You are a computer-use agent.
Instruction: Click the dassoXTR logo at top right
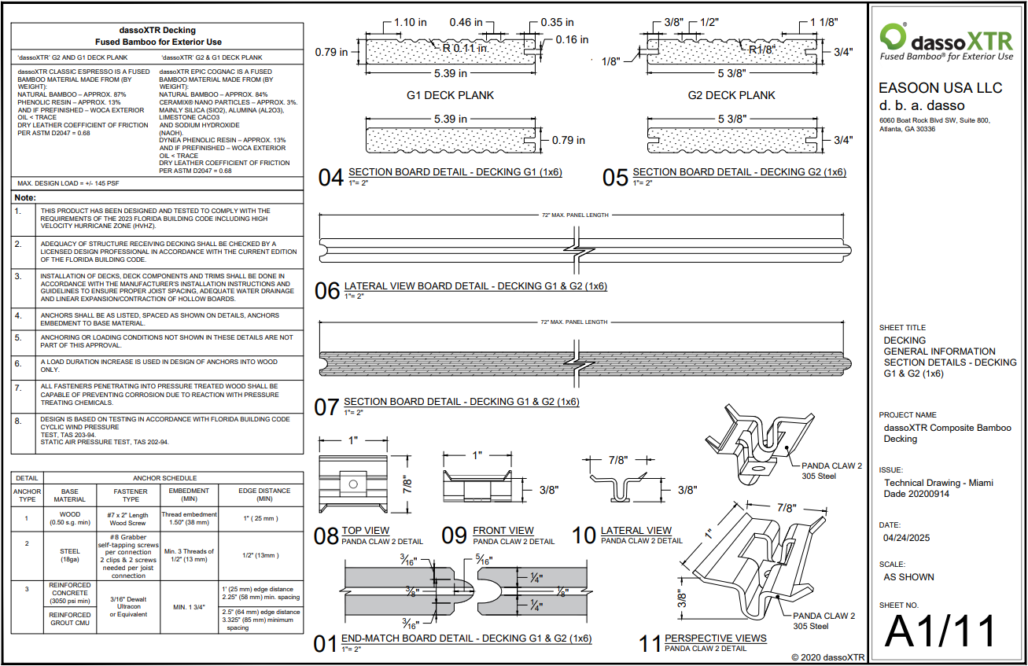click(947, 41)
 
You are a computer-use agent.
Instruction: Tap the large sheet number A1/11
click(940, 631)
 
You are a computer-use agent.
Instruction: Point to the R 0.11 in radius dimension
click(465, 48)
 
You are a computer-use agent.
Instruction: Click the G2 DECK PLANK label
click(732, 95)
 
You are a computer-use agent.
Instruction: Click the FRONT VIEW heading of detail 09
click(503, 531)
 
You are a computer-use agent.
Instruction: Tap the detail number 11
click(650, 643)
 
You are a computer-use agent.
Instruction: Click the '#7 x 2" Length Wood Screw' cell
click(128, 519)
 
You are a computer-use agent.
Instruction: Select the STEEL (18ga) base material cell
click(69, 556)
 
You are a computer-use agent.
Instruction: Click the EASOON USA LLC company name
click(940, 88)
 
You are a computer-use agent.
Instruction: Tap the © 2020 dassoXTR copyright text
click(827, 657)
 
